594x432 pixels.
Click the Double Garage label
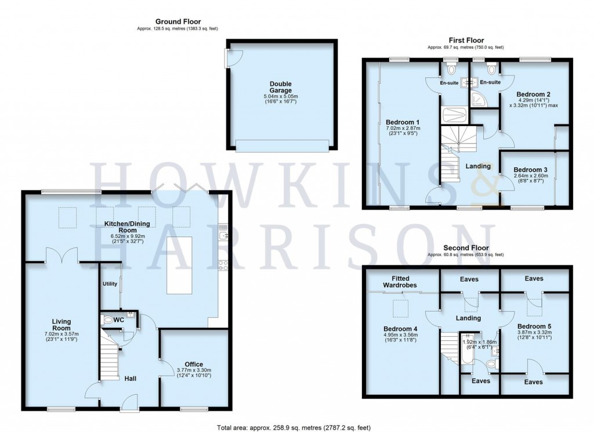point(281,88)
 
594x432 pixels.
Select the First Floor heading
point(465,40)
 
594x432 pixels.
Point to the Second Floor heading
point(465,248)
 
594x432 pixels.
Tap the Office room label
point(194,364)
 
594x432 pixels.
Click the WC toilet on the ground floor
point(108,319)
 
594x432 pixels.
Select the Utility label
point(110,284)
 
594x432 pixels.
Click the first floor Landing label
point(478,166)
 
